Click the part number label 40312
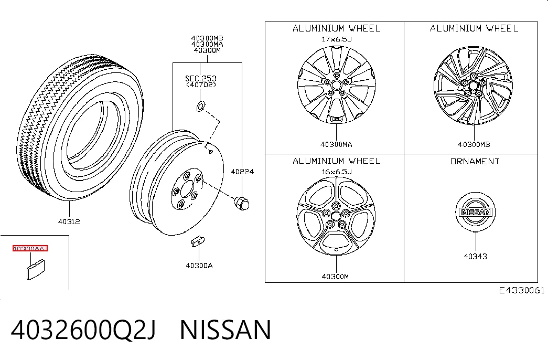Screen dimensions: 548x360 69,221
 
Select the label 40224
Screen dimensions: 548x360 242,172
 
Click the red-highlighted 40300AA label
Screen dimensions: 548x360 30,248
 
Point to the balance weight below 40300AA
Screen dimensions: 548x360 36,269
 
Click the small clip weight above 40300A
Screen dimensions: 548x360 198,242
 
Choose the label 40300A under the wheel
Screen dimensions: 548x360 199,266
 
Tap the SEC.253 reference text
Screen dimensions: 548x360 201,78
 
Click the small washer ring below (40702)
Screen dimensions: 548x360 200,106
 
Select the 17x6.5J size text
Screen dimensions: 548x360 337,39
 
